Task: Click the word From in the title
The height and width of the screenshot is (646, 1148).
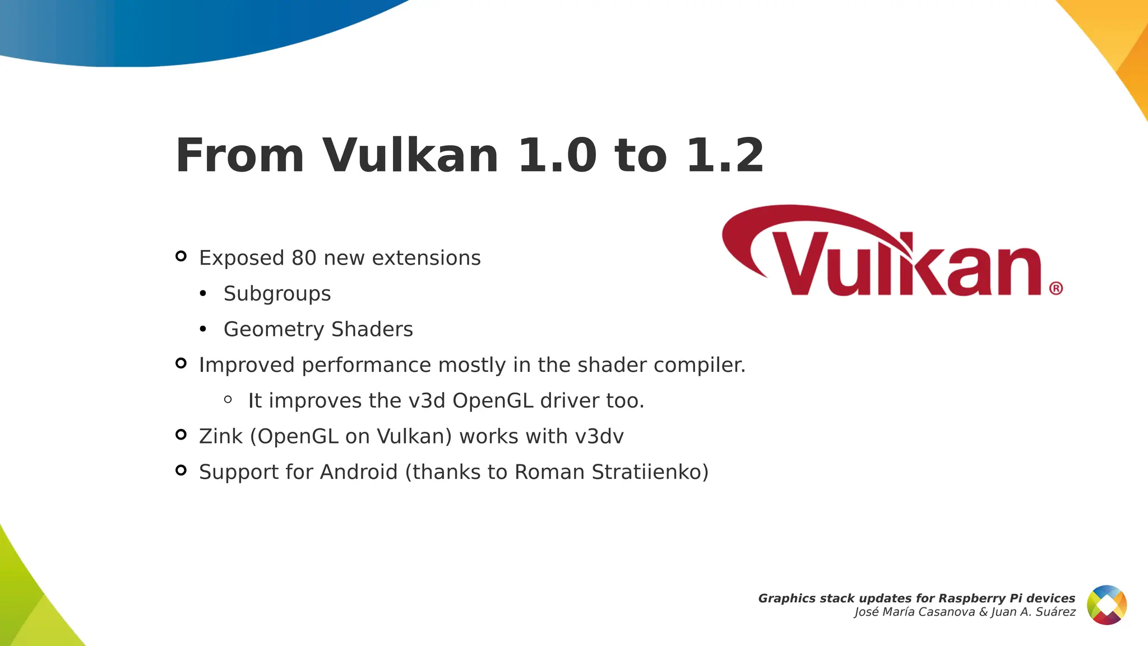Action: tap(239, 156)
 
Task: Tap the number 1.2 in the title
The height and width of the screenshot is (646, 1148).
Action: tap(725, 156)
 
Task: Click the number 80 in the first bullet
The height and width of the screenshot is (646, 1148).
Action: tap(304, 258)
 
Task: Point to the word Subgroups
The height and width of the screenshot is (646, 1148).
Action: tap(277, 294)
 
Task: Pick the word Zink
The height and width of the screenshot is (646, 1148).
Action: tap(221, 436)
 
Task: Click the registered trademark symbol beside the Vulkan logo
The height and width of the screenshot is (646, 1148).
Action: tap(1056, 288)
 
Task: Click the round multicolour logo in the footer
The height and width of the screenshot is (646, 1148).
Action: tap(1107, 605)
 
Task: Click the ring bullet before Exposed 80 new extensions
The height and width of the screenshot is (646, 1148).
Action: tap(180, 256)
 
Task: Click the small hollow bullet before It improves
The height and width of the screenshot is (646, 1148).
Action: tap(228, 399)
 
